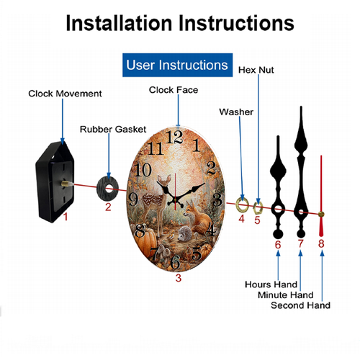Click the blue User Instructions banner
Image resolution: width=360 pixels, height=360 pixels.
click(177, 65)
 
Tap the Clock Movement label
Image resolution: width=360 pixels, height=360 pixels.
click(65, 94)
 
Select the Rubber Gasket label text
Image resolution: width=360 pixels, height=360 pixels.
click(113, 130)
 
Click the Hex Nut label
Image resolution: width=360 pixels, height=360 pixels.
click(256, 70)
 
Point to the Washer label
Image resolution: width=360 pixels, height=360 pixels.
click(236, 112)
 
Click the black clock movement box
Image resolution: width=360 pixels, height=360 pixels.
click(55, 182)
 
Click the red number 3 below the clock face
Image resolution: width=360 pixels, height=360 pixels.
click(179, 278)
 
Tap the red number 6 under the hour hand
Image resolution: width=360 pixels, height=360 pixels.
click(278, 245)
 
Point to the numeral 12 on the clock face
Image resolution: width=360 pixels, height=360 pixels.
click(175, 137)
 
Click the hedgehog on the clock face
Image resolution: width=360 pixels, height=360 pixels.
click(185, 233)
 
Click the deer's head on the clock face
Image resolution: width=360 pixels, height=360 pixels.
click(164, 181)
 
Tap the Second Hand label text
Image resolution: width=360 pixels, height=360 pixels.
click(300, 305)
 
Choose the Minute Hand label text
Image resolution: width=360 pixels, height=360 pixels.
click(286, 295)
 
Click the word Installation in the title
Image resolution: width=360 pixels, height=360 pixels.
click(120, 23)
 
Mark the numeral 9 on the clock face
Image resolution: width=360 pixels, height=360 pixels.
click(133, 199)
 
